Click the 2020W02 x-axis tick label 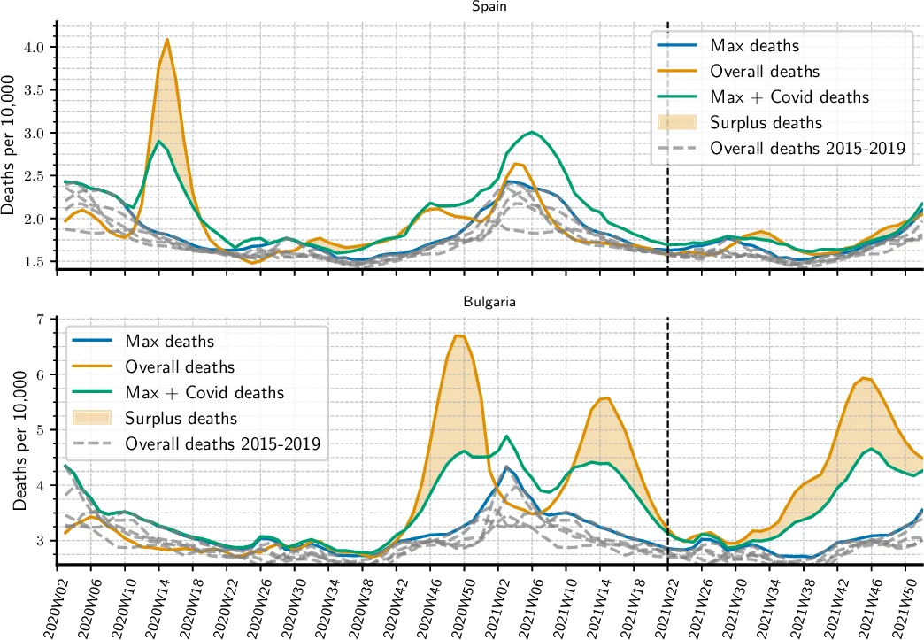(x=58, y=605)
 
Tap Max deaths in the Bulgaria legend (x=169, y=340)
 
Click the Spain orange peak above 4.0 (x=167, y=40)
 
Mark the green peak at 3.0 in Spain (x=531, y=133)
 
